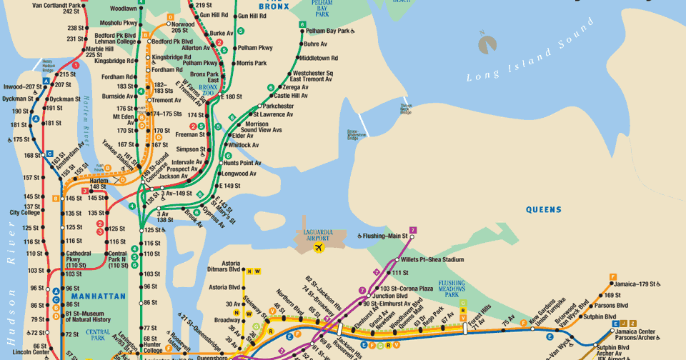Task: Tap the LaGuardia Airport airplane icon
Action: pyautogui.click(x=319, y=248)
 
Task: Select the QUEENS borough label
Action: pyautogui.click(x=544, y=210)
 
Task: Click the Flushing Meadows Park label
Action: pyautogui.click(x=452, y=288)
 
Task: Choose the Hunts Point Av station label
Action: pyautogui.click(x=242, y=163)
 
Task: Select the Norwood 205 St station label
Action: pyautogui.click(x=179, y=27)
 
